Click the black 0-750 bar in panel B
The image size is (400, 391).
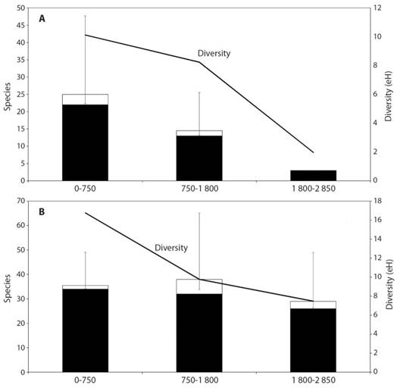tap(85, 330)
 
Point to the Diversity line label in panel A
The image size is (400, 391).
tap(214, 54)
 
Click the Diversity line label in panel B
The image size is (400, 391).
tap(170, 248)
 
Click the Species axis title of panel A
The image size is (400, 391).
tap(7, 95)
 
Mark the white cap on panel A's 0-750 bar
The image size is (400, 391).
tap(85, 99)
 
